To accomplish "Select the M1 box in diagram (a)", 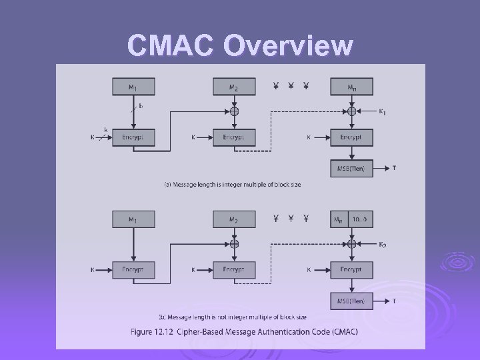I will (133, 87).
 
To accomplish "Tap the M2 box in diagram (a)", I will (234, 87).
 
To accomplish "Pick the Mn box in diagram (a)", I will (351, 87).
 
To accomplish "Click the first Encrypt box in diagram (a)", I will (133, 137).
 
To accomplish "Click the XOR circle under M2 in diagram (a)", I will (234, 111).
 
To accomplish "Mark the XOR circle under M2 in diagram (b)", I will (234, 244).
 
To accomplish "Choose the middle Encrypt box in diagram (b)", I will (234, 270).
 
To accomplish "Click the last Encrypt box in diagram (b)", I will (351, 270).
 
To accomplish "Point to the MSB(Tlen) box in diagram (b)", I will (351, 301).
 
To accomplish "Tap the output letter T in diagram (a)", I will (394, 168).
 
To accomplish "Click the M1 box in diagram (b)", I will (133, 219).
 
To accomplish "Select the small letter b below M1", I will (141, 105).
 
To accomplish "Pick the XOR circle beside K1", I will (351, 111).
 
